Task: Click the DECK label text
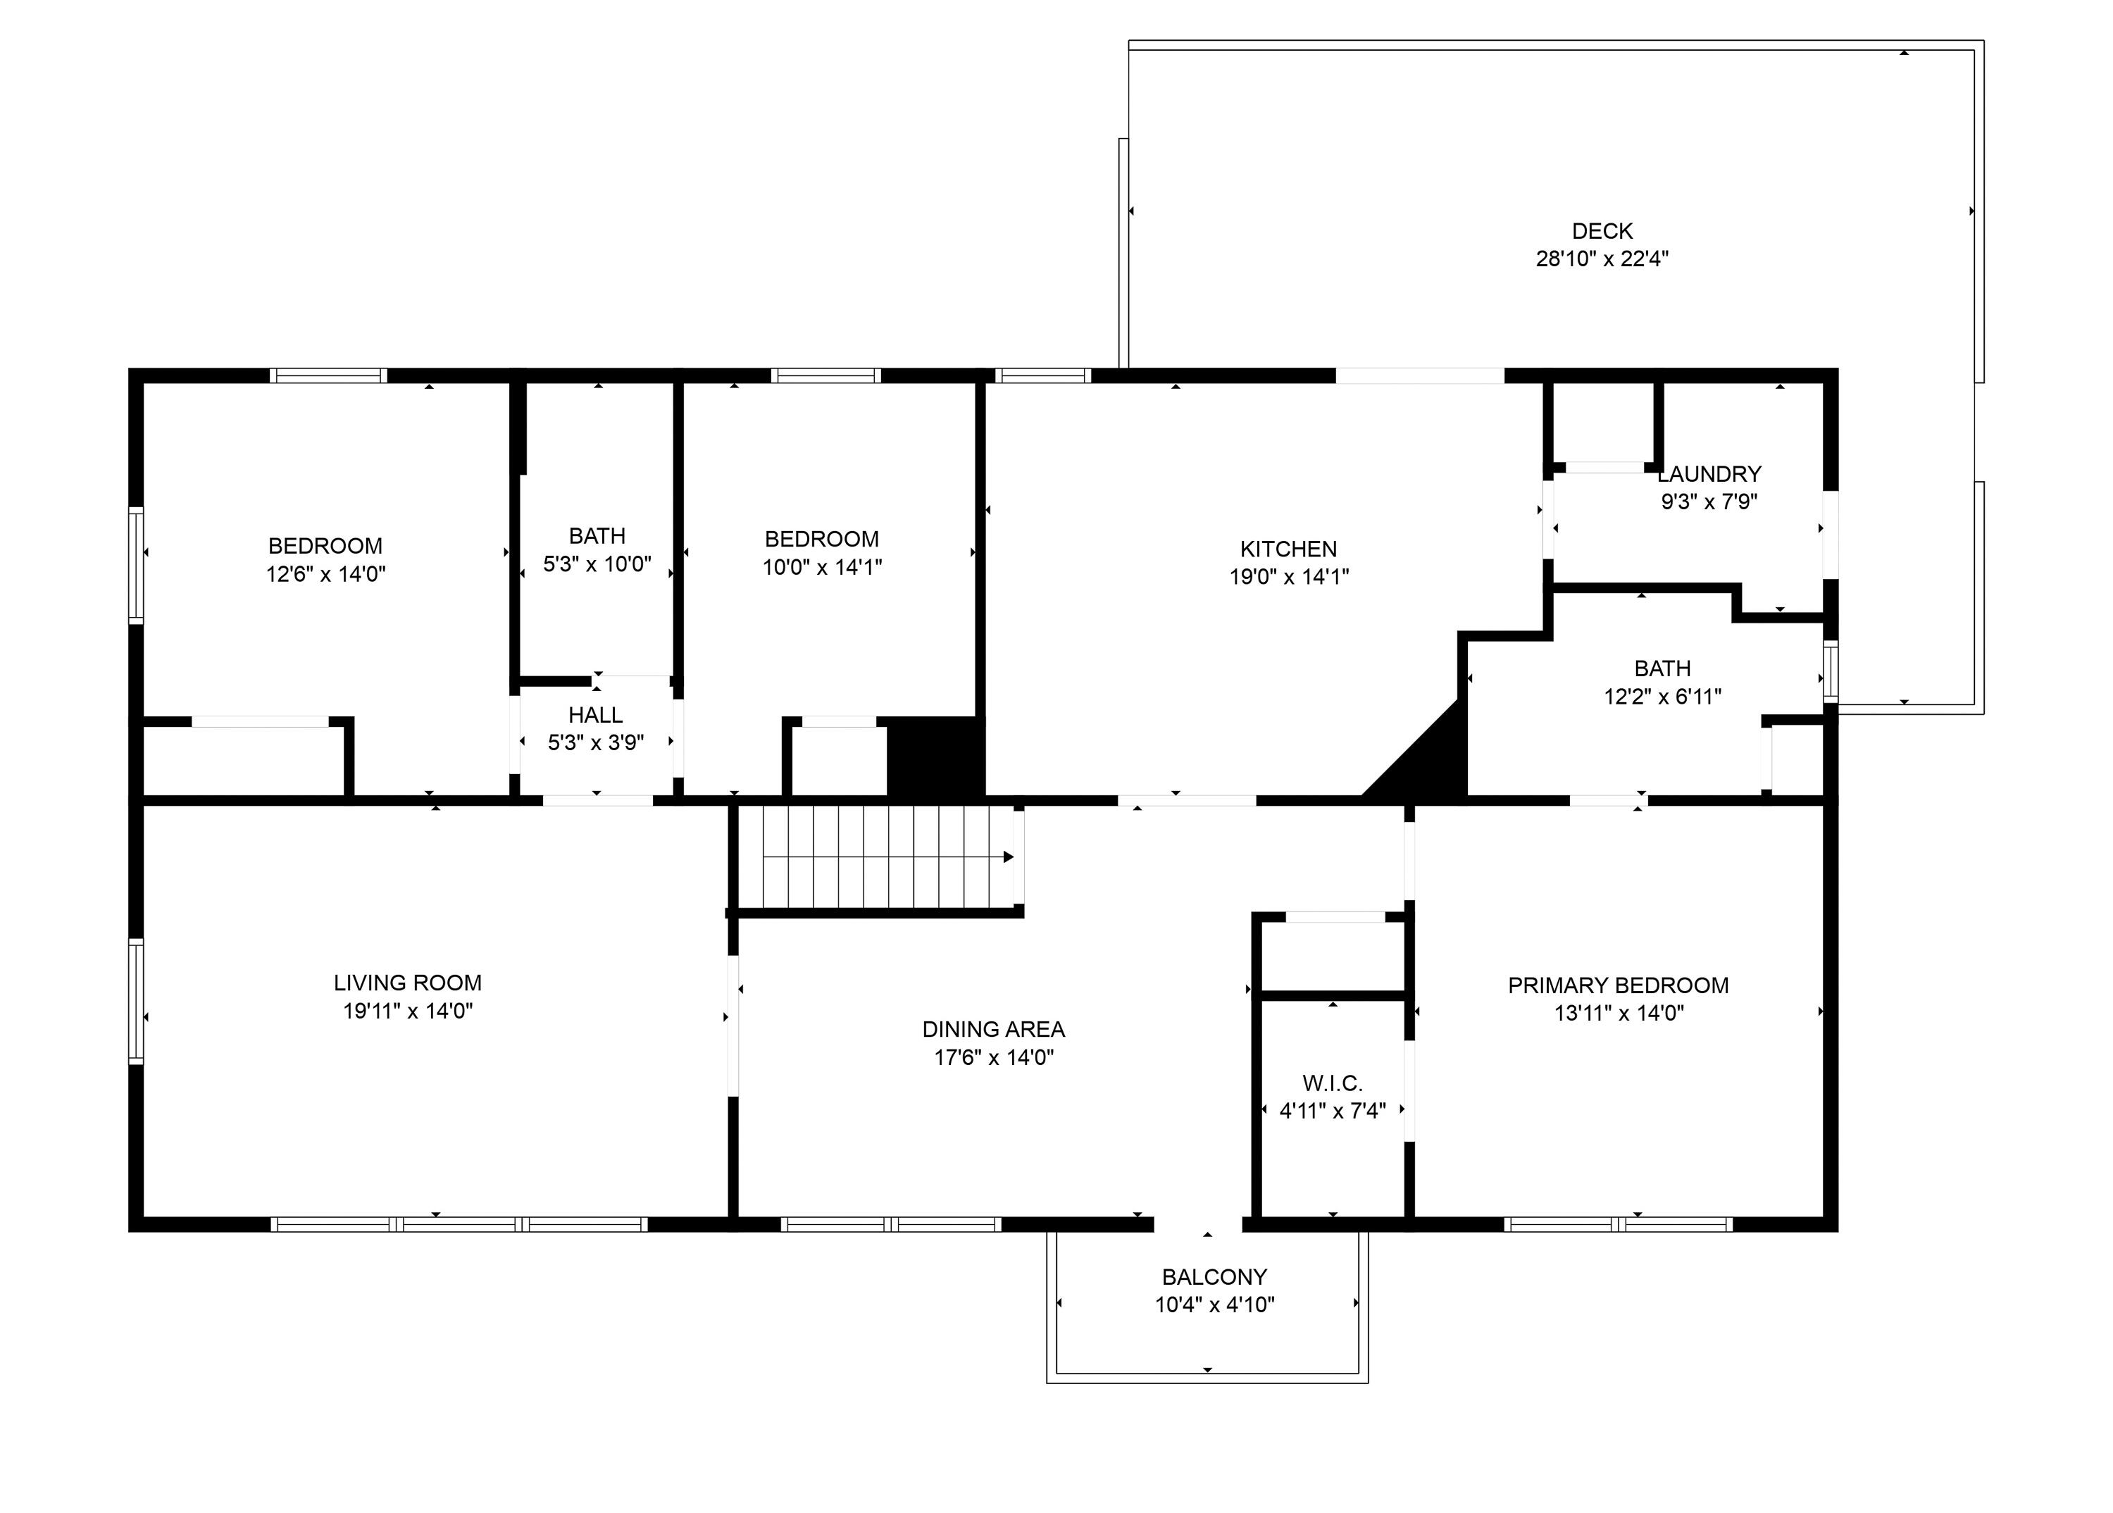(1602, 231)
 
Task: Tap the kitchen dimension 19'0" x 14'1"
(1288, 577)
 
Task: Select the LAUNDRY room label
(1709, 474)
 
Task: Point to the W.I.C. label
(1333, 1083)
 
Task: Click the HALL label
(595, 716)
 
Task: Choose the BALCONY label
(1214, 1277)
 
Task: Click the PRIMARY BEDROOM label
(1619, 985)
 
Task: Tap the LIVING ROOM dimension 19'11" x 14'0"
(408, 1011)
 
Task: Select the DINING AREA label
(993, 1030)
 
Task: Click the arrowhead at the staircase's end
(1008, 857)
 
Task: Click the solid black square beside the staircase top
(935, 757)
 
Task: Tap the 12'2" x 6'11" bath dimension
(1662, 697)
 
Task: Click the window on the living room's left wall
(136, 1002)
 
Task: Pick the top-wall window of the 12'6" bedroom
(328, 375)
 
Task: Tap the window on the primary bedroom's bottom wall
(1619, 1224)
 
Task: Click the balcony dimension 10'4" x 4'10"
(1214, 1305)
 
